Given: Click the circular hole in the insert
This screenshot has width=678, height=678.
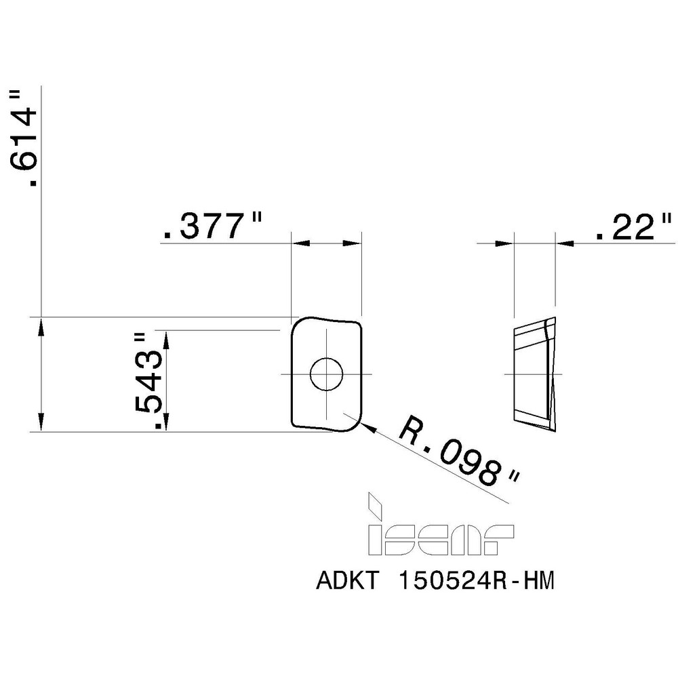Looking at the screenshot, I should (326, 374).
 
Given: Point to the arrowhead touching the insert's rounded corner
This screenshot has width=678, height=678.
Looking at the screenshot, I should (368, 427).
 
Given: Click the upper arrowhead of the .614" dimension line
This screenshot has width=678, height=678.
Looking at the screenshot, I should (42, 325).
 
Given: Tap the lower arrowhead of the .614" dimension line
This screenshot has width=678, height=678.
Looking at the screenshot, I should (42, 423).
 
